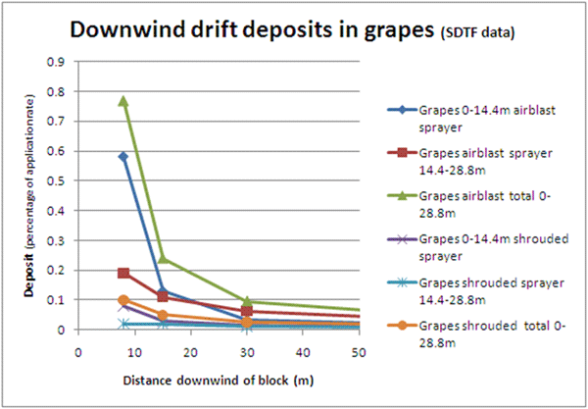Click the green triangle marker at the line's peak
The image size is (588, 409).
click(123, 100)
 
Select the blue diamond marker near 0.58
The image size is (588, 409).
click(123, 156)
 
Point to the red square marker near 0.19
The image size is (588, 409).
click(123, 273)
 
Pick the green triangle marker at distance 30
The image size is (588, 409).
click(248, 301)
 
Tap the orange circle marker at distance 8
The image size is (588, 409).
click(123, 300)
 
